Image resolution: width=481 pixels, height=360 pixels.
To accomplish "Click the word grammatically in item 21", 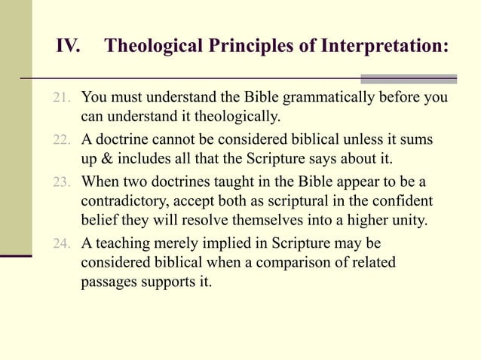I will click(x=301, y=98).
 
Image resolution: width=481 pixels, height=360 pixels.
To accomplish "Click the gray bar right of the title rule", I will click(x=408, y=78).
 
